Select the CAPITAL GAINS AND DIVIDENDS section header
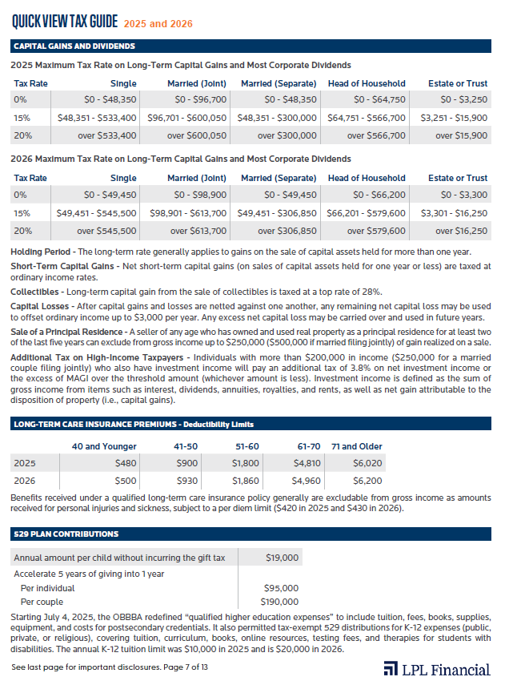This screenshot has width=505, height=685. point(74,46)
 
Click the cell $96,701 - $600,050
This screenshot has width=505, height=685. point(188,118)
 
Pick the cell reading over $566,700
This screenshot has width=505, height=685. point(376,135)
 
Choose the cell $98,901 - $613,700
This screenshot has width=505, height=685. point(188,213)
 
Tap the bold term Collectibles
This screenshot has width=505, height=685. point(34,292)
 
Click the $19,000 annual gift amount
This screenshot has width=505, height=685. point(282,558)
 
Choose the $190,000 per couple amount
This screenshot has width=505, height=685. point(279,602)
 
